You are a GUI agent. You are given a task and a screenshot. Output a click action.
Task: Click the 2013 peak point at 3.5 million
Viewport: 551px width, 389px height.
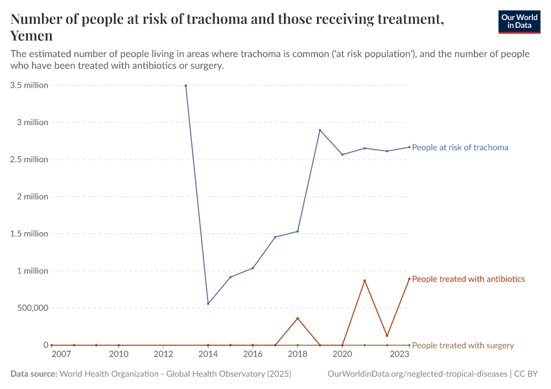(x=186, y=86)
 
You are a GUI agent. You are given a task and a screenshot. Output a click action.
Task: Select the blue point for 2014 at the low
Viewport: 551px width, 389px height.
(x=208, y=303)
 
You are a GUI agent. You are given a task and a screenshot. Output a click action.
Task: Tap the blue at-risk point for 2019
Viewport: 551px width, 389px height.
(x=320, y=130)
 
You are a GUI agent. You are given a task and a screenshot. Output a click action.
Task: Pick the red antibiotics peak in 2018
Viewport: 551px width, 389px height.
(x=298, y=318)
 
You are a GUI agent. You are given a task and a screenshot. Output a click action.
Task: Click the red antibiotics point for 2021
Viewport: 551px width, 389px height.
(x=364, y=281)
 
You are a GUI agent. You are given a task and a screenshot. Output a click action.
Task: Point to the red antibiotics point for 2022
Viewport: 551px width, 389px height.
(x=387, y=336)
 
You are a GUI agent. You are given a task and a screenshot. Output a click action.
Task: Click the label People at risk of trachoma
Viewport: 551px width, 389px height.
(x=460, y=147)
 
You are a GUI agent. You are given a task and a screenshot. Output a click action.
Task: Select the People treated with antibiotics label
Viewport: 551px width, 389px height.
(x=468, y=279)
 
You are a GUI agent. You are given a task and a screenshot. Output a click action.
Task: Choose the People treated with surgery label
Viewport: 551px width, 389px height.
(x=463, y=346)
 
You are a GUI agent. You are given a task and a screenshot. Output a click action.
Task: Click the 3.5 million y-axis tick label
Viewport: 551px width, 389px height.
(x=29, y=85)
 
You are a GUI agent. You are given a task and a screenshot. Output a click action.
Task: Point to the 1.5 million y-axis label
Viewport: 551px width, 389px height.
(x=29, y=233)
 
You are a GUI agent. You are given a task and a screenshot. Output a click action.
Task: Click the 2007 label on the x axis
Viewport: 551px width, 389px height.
(x=61, y=354)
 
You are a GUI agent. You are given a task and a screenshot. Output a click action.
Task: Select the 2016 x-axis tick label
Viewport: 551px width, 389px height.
(x=253, y=354)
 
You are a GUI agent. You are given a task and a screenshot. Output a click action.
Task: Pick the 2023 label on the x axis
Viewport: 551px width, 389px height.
(x=400, y=354)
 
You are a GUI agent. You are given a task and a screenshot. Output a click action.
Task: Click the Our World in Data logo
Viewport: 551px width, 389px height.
(x=519, y=21)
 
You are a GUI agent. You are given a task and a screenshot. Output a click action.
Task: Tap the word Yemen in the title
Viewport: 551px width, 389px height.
(x=32, y=36)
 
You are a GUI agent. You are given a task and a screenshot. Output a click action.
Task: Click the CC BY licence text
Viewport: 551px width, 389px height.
(x=528, y=374)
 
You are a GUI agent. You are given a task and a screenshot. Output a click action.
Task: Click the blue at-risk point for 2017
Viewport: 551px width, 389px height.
(x=275, y=237)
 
